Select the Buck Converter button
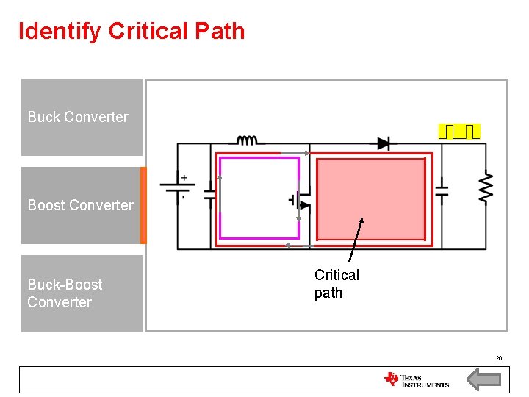81,117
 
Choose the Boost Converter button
81,205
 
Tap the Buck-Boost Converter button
81,293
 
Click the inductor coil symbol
246,140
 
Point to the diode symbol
383,143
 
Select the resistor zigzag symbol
486,188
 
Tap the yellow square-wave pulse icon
459,132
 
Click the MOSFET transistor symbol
301,200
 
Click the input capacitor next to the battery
210,194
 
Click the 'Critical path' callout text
337,284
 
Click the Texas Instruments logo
416,379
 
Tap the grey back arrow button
484,380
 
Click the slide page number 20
498,358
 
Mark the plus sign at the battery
184,177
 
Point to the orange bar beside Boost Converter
143,205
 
